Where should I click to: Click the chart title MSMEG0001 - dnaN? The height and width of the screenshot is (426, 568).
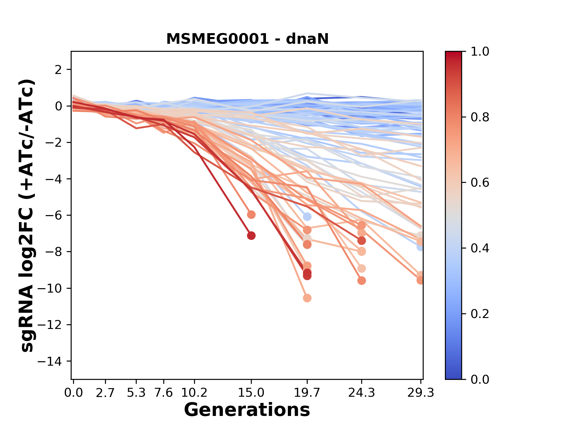click(247, 39)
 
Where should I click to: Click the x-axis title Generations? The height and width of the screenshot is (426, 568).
click(247, 410)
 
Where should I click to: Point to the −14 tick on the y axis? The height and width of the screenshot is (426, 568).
click(53, 361)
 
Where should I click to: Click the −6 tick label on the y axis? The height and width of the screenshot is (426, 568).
click(53, 215)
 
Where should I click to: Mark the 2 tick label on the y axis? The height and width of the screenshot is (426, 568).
click(58, 70)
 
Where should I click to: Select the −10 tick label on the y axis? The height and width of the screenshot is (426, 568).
click(53, 288)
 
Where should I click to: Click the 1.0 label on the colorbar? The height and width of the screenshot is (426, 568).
click(480, 52)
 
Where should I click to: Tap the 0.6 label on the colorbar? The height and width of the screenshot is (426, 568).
click(480, 183)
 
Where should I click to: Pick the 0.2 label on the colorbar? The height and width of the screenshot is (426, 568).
click(480, 314)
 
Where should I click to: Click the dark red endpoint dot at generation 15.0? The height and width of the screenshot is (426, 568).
click(251, 236)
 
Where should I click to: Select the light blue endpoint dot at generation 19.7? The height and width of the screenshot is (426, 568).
click(307, 217)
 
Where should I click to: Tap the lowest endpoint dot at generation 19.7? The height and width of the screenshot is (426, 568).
click(307, 298)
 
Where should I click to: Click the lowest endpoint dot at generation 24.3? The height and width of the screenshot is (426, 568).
click(362, 280)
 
